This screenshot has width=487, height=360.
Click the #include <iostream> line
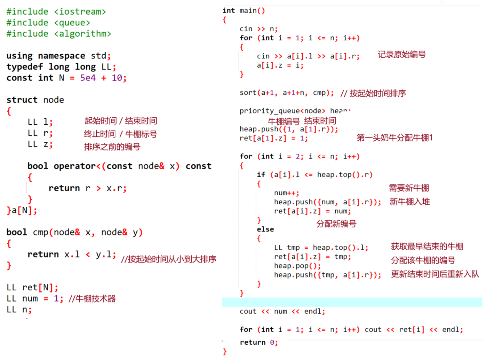click(x=56, y=11)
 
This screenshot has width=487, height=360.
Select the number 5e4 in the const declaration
click(x=88, y=78)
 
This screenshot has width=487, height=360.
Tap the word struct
click(x=22, y=100)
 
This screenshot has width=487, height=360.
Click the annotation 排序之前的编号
click(x=112, y=147)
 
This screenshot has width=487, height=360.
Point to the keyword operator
click(x=75, y=166)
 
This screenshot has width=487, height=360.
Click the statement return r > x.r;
click(x=87, y=188)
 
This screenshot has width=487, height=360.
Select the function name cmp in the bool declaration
click(x=41, y=232)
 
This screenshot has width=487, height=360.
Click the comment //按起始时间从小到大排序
click(x=168, y=259)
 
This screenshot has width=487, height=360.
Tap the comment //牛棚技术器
click(x=92, y=299)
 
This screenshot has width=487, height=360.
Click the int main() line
click(x=243, y=11)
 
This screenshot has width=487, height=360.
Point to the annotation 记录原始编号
click(x=401, y=55)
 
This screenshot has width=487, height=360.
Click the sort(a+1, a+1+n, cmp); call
click(x=286, y=93)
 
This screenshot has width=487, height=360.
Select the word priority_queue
click(x=270, y=111)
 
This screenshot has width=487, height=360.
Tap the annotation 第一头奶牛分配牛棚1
click(x=394, y=138)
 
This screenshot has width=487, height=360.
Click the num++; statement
click(x=286, y=193)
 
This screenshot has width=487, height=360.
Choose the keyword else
click(x=265, y=229)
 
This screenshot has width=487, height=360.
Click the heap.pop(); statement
click(x=297, y=266)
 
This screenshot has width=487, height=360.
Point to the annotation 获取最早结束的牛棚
click(x=427, y=247)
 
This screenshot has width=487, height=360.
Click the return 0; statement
click(x=258, y=342)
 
